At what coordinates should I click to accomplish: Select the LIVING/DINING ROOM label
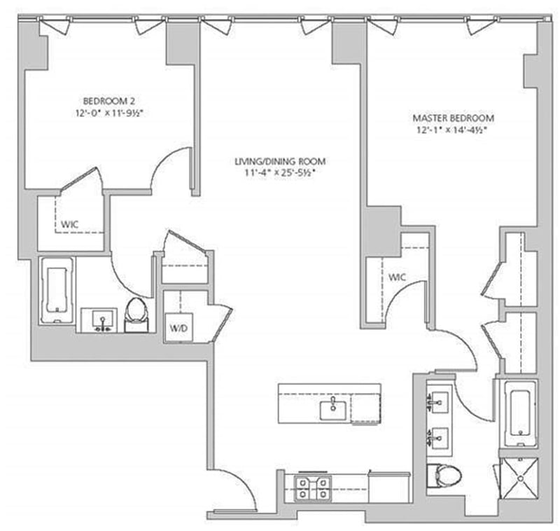point(280,160)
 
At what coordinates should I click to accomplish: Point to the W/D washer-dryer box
point(175,328)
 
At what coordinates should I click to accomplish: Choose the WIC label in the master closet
point(397,277)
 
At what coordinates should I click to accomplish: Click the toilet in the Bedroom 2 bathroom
point(136,314)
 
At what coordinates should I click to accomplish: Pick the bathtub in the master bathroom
point(517,414)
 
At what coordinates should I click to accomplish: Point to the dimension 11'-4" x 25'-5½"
point(280,172)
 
